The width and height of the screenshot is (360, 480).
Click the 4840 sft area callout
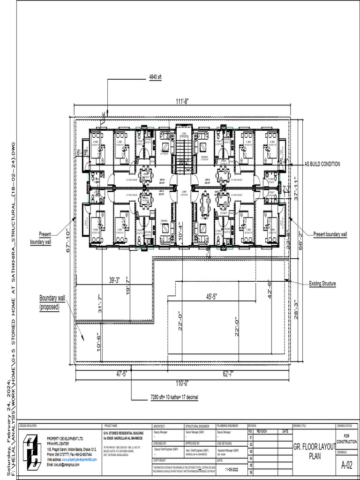click(155, 77)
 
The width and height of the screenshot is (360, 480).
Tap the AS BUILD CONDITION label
click(322, 164)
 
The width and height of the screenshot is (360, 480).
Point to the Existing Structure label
click(322, 284)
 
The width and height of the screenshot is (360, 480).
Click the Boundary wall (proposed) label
click(52, 302)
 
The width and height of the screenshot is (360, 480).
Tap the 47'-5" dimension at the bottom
click(121, 374)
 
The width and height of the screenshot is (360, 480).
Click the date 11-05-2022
click(231, 469)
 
